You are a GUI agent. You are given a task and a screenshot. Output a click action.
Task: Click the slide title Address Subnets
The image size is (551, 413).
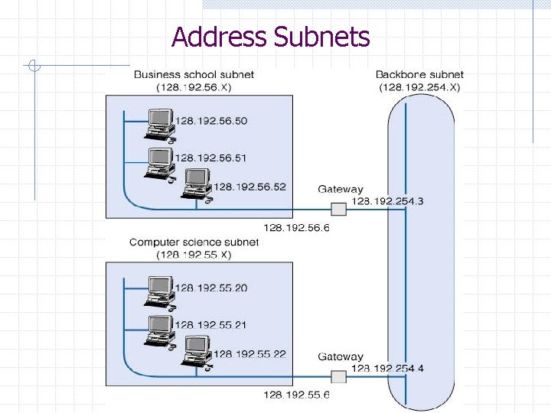271,37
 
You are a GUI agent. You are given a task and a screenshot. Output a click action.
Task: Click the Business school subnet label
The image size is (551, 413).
194,75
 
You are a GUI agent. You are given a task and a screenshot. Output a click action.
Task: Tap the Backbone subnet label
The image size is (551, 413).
419,75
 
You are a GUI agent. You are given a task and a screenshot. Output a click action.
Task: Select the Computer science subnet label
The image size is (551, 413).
194,242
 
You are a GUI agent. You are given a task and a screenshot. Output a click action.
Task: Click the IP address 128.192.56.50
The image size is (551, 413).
211,121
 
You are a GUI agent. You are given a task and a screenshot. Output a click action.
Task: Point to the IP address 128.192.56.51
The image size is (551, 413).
211,158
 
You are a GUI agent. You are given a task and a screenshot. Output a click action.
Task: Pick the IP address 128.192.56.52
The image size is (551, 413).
249,187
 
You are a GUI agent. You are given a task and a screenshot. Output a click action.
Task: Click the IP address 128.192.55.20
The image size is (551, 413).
211,288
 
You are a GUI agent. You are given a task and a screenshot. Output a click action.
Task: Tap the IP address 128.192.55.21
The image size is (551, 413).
211,324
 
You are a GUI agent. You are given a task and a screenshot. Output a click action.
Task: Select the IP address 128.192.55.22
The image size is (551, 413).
249,353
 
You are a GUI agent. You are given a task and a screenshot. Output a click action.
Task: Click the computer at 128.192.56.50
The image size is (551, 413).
160,124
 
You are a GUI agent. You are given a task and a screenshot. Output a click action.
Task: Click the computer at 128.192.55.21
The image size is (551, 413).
160,327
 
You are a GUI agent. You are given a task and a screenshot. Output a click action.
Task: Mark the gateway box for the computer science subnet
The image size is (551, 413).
338,376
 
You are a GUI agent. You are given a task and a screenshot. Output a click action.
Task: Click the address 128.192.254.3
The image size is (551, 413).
387,201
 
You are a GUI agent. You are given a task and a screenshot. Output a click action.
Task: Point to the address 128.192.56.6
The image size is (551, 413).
296,227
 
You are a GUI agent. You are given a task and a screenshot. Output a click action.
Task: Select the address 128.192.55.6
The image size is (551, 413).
296,395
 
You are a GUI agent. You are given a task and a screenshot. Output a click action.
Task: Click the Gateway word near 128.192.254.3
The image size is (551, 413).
341,189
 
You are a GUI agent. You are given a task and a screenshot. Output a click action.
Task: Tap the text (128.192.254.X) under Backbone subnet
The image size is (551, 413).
419,87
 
